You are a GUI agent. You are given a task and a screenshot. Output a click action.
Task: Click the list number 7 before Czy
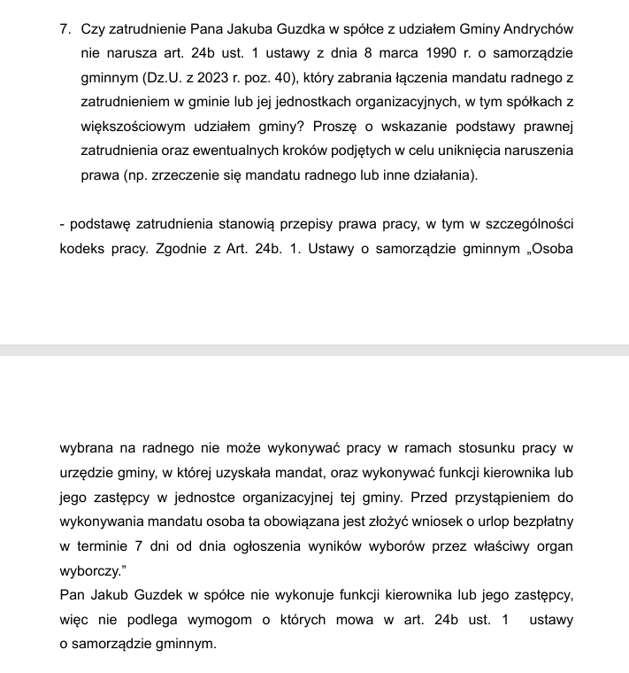pyautogui.click(x=65, y=30)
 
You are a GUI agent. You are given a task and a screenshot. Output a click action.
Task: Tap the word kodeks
pyautogui.click(x=81, y=248)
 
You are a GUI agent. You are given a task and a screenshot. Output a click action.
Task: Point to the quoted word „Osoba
pyautogui.click(x=552, y=248)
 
